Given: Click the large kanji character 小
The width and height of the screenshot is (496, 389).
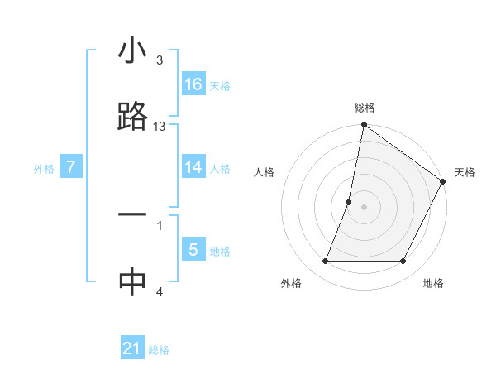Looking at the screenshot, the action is tap(132, 51).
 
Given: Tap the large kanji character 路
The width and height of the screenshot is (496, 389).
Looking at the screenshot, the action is tap(132, 117).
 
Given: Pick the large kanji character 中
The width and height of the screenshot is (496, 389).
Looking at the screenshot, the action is tap(132, 281).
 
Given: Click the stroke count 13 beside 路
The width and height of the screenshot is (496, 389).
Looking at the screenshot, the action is tap(160, 127).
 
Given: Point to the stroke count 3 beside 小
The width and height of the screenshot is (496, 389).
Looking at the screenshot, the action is tap(159, 60).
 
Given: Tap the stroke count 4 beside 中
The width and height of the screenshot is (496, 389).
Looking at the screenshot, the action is tap(159, 291).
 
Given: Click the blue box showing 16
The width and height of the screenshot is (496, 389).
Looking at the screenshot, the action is tap(193, 84).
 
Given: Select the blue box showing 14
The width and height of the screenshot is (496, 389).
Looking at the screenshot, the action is tap(193, 167).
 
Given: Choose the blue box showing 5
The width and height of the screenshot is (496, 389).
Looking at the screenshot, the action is tap(193, 250).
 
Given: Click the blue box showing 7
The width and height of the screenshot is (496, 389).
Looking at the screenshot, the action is tap(71, 167).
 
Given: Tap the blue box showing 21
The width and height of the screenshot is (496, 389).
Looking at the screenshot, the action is tap(132, 348).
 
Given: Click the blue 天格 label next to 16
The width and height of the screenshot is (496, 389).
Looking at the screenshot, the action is tap(220, 86).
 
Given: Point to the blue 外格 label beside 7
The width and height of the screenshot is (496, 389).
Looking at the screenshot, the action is tap(44, 169).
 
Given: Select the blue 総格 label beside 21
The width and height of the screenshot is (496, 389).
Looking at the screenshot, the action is tap(159, 350).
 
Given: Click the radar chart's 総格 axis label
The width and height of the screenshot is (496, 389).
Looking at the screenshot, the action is tap(365, 108).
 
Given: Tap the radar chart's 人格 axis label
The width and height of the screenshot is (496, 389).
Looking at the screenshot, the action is tap(264, 172).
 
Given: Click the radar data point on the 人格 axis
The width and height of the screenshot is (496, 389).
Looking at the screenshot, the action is tap(349, 202).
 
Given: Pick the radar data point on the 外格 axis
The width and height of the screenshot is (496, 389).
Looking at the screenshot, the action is tap(326, 262).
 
